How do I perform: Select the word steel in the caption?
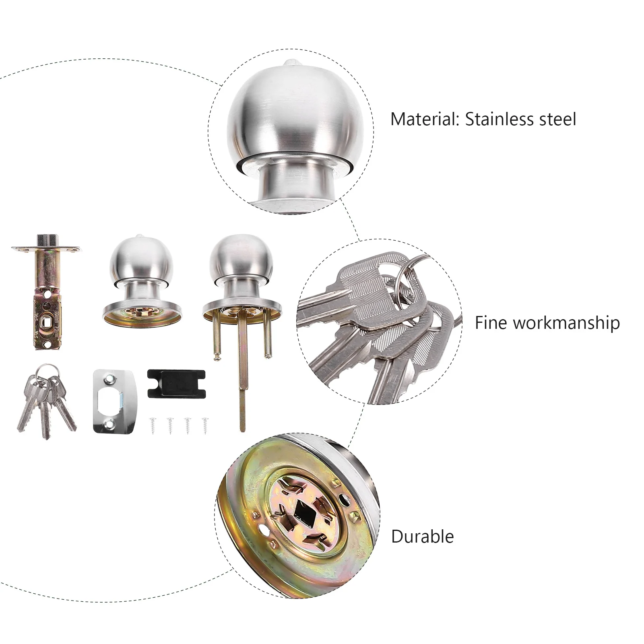556,120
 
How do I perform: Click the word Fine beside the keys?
491,323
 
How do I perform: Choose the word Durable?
422,537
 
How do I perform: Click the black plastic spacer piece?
176,384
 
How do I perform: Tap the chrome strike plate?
115,401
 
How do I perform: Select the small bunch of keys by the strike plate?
45,400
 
